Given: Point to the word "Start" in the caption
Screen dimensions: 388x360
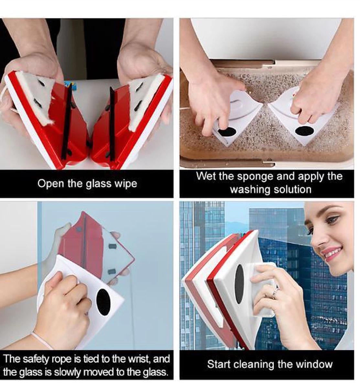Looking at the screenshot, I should pos(218,364).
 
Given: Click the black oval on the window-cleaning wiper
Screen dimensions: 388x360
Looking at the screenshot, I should pos(239,284).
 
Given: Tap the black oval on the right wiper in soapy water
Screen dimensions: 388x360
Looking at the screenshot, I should pos(304,131).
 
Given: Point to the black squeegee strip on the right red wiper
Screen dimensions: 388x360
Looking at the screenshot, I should pos(112,124).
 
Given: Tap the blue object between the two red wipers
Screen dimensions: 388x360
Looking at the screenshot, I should pos(69,85).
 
